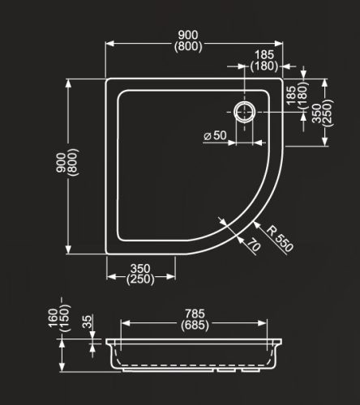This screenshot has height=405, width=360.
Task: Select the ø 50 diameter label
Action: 214,135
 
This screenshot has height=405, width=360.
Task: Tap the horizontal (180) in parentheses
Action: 264,65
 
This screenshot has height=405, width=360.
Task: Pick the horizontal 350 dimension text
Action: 142,268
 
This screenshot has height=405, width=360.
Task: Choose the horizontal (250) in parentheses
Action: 142,279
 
